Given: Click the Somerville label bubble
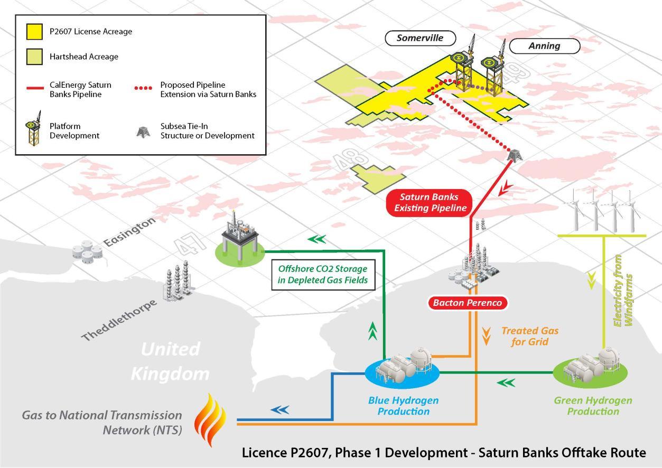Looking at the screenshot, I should click(419, 38).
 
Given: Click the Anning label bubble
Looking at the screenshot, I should click(544, 46).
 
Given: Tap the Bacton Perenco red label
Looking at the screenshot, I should click(467, 303).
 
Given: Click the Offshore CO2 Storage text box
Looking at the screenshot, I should click(322, 274).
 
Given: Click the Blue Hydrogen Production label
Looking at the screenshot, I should click(403, 406).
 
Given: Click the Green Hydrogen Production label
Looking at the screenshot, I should click(593, 406).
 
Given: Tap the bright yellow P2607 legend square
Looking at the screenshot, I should click(34, 31).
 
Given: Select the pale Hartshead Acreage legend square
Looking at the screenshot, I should click(34, 56).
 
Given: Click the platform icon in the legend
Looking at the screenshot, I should click(34, 129).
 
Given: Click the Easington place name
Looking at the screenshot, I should click(129, 232).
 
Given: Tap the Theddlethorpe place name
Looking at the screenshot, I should click(119, 320).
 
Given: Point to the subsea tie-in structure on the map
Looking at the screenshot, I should click(512, 154).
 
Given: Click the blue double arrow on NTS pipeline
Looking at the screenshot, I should click(280, 409).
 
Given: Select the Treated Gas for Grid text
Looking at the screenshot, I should click(529, 336).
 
